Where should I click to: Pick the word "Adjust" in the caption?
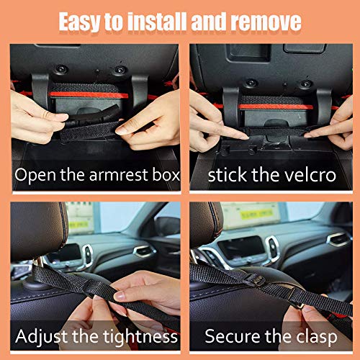46,336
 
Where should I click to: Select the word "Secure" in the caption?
233,336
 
